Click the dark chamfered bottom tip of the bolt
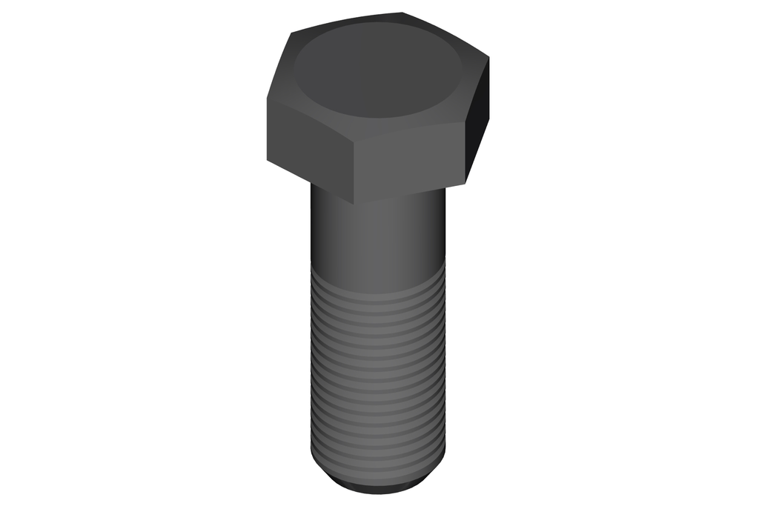click(x=378, y=485)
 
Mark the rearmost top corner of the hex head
click(x=402, y=13)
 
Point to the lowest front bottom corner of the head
click(x=354, y=204)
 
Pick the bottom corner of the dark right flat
click(x=466, y=182)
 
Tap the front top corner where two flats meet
click(x=354, y=140)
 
